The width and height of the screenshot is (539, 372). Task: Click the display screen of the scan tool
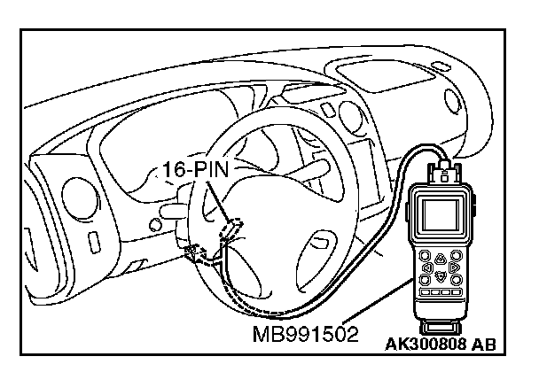(441, 218)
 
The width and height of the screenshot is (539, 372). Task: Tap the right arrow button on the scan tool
(452, 266)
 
